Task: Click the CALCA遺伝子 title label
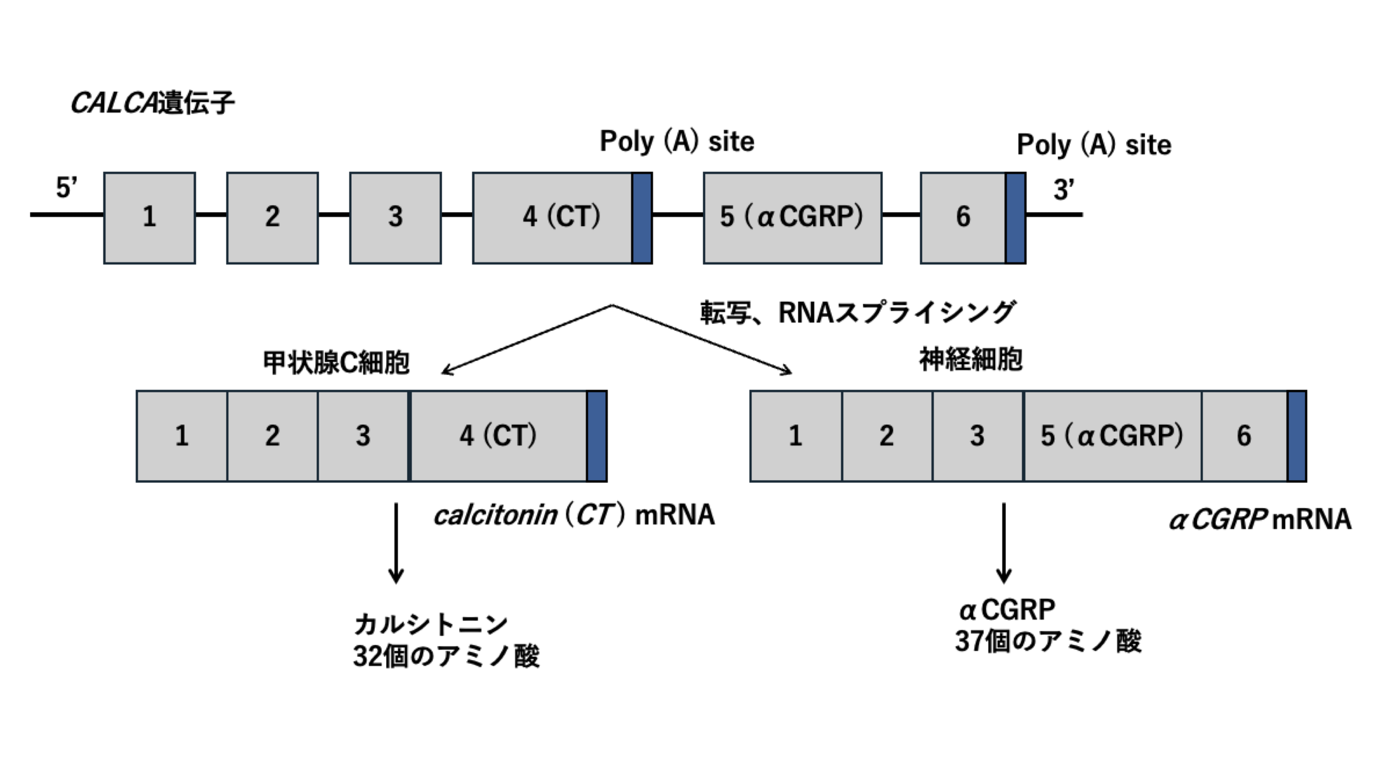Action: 152,103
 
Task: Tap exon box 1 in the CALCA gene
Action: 150,218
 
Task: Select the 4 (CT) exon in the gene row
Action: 552,218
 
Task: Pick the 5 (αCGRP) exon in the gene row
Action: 792,218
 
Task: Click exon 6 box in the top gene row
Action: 962,218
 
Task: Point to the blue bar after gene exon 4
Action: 642,218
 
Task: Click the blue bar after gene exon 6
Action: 1016,218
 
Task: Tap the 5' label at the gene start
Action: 66,188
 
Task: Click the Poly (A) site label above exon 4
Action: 677,141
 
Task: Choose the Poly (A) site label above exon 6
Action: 1094,145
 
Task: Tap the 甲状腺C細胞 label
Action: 336,362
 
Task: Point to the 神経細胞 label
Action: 971,359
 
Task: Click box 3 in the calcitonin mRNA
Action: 363,436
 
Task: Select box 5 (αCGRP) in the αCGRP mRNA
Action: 1112,436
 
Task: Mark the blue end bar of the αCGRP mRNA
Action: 1297,436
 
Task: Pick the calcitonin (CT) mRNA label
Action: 574,515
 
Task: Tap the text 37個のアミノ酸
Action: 1048,641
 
